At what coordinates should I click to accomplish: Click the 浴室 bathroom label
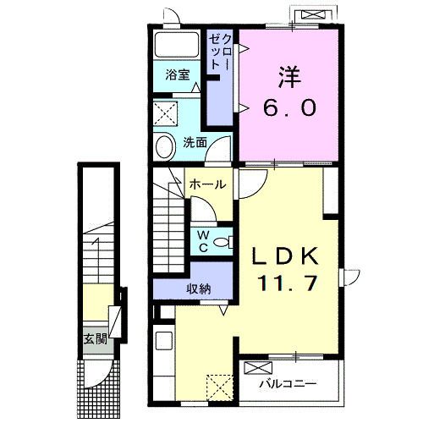point(178,74)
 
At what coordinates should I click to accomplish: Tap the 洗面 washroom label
point(195,142)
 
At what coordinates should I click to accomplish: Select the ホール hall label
point(208,184)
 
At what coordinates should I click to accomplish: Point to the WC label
point(203,241)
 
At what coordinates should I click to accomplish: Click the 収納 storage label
point(199,288)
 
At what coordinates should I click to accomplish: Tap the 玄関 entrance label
point(96,339)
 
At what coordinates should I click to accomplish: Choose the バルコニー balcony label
point(288,383)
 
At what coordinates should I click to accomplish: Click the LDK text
point(285,256)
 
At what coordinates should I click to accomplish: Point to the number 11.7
point(287,283)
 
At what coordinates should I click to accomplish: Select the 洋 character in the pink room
point(290,77)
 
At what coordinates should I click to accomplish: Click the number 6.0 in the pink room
point(289,108)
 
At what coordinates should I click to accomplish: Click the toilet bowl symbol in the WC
point(222,242)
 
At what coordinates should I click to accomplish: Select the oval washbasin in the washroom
point(166,147)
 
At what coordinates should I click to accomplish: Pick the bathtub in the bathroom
point(177,45)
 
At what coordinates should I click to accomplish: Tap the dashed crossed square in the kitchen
point(220,387)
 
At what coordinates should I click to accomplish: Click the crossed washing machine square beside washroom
point(166,114)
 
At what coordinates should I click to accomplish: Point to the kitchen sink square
point(164,340)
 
